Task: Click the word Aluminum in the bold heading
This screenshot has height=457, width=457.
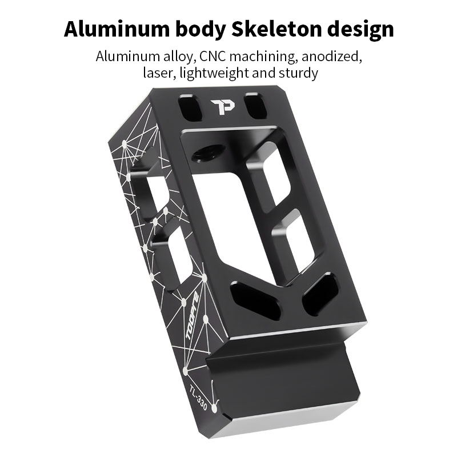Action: tap(117, 29)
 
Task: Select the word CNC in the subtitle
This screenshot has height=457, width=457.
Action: tap(213, 56)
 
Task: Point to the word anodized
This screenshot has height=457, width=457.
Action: tap(332, 56)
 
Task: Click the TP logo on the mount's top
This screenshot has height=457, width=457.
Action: tap(223, 107)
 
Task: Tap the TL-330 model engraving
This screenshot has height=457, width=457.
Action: tap(198, 397)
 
